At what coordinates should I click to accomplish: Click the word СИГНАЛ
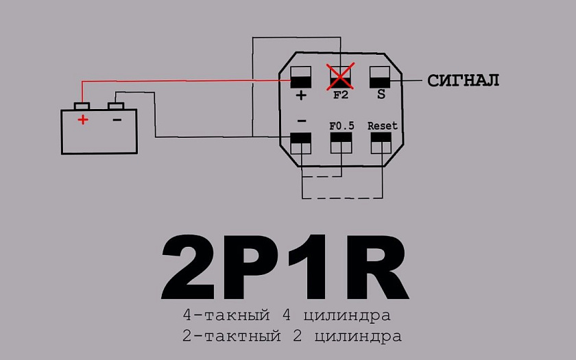(x=463, y=80)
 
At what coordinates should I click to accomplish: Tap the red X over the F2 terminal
(x=341, y=76)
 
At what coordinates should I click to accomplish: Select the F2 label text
(x=341, y=95)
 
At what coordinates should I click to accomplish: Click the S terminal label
(x=381, y=95)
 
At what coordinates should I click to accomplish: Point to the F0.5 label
(x=341, y=126)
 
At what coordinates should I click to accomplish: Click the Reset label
(x=383, y=126)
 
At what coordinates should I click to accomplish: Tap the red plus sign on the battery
(x=83, y=119)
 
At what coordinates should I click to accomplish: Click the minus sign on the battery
(x=117, y=120)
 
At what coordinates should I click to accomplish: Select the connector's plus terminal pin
(x=301, y=77)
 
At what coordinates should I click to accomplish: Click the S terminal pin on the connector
(x=380, y=77)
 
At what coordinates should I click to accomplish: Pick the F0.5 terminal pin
(x=341, y=143)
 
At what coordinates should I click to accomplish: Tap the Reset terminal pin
(x=381, y=143)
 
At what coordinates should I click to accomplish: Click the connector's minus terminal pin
(x=301, y=143)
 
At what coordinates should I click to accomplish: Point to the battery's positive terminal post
(x=82, y=106)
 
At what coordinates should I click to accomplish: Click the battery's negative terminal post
(x=116, y=106)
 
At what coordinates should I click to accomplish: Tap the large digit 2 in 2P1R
(x=188, y=267)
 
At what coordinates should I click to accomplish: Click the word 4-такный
(x=226, y=315)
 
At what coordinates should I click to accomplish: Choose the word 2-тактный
(x=232, y=336)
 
